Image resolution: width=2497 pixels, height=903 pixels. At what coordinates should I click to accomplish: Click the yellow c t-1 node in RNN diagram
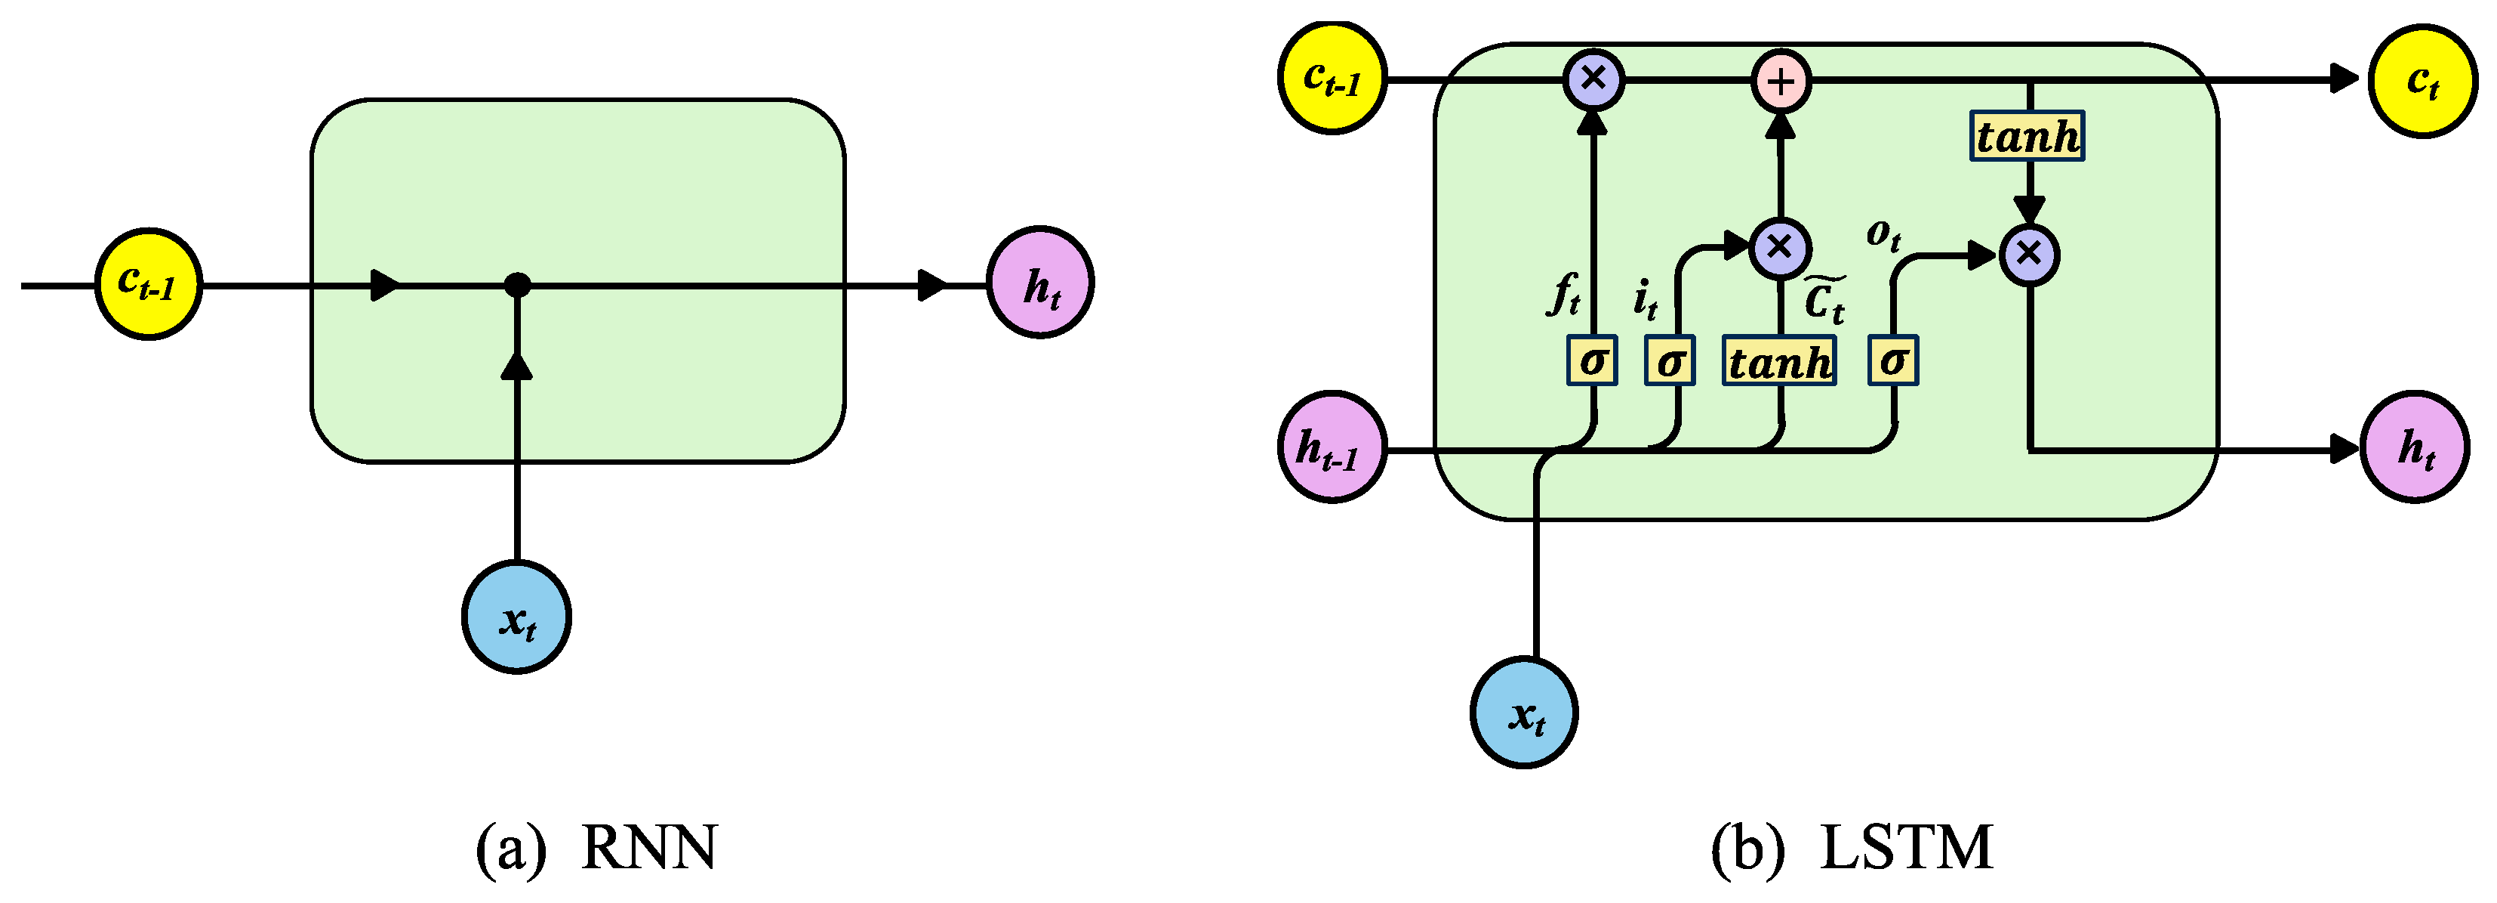pos(148,284)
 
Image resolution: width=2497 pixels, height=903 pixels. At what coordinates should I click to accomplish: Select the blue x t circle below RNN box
pos(516,617)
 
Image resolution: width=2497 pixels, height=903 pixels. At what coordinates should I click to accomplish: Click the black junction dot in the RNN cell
pos(518,285)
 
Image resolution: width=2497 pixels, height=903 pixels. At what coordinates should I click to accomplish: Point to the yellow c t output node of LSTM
pos(2422,82)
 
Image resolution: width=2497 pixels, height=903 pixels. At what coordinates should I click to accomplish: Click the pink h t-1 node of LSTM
pos(1332,447)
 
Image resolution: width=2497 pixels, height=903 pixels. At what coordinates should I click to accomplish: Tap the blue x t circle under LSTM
pos(1524,713)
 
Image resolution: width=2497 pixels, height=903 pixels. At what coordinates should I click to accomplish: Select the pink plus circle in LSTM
pos(1781,82)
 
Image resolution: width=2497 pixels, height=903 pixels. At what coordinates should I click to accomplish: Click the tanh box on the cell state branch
pos(2027,136)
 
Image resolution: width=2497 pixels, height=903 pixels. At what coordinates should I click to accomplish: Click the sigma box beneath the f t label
pos(1593,360)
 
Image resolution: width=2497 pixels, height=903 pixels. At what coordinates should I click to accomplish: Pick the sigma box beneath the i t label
pos(1669,360)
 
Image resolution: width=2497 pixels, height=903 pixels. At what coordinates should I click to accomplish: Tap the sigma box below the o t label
pos(1893,360)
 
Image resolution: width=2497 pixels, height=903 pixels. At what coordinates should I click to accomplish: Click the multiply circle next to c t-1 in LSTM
pos(1593,79)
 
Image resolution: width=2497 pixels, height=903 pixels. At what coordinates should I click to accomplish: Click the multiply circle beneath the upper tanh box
pos(2029,255)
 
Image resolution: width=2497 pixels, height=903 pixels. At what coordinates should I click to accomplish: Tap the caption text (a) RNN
pos(596,848)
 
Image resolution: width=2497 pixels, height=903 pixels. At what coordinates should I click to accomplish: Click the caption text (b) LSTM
pos(1852,848)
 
